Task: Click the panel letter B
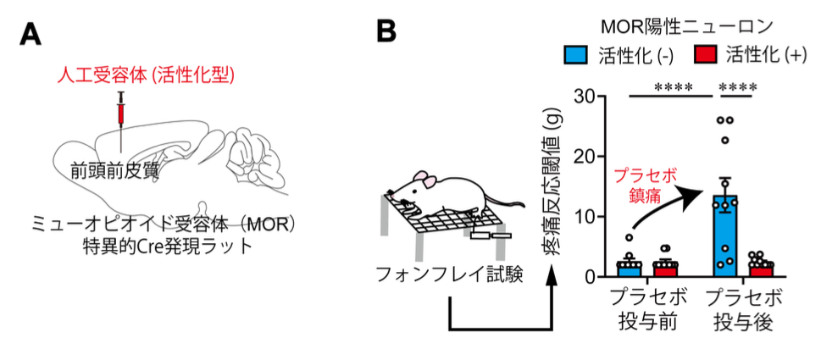[x=386, y=33]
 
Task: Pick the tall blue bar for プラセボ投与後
[x=724, y=237]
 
